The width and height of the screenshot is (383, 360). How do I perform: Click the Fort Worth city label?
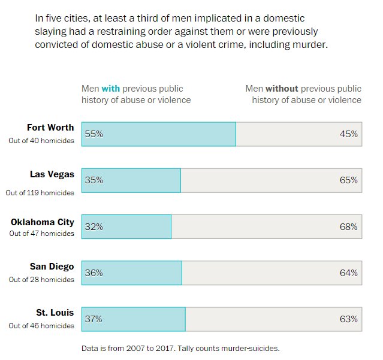point(50,128)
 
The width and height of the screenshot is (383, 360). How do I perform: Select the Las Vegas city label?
point(52,174)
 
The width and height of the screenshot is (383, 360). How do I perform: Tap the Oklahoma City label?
point(43,222)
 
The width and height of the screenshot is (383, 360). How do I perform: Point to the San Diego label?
point(52,267)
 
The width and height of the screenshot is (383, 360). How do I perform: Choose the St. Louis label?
point(55,313)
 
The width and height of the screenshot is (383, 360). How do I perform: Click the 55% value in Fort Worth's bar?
point(94,134)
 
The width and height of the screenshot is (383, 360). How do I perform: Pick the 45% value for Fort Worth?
point(348,134)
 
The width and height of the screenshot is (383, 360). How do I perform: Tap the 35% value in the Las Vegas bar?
point(94,180)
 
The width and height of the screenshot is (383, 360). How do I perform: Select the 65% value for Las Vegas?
point(348,180)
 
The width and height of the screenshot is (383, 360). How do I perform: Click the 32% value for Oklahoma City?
point(94,227)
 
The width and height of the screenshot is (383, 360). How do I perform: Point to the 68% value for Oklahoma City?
point(348,227)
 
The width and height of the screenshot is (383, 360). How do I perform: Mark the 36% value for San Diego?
point(94,273)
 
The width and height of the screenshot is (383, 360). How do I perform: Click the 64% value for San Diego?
point(348,273)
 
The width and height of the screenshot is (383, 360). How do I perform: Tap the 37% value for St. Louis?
point(94,319)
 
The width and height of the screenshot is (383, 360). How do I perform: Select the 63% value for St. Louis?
point(348,319)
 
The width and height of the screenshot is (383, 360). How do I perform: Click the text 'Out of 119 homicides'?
point(40,193)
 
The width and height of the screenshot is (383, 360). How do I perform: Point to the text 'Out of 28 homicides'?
point(42,280)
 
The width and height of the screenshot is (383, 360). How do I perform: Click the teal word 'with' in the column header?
point(110,89)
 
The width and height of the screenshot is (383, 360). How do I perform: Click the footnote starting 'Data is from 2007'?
point(180,348)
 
